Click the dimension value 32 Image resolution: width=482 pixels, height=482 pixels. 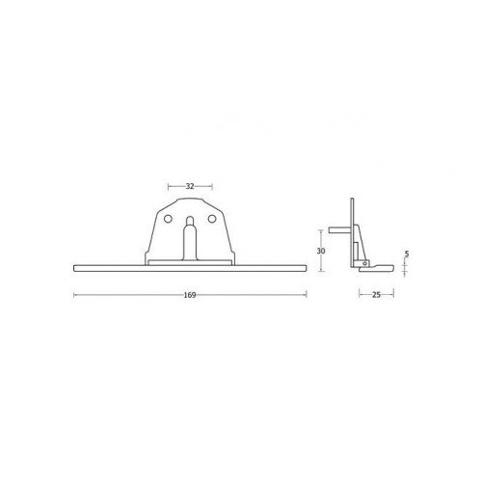[190, 186]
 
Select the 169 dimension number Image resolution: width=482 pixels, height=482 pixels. [190, 295]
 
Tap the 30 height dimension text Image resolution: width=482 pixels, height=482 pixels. [321, 251]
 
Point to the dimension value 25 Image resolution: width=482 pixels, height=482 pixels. [376, 295]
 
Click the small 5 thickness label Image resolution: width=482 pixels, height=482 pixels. [407, 254]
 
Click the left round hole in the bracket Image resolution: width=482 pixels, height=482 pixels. [168, 219]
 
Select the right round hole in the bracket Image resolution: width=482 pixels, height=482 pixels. [211, 219]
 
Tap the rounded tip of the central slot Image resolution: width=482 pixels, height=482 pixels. [190, 218]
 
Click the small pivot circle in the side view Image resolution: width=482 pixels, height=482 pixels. [364, 264]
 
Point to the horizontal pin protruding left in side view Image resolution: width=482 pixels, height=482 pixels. [339, 230]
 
